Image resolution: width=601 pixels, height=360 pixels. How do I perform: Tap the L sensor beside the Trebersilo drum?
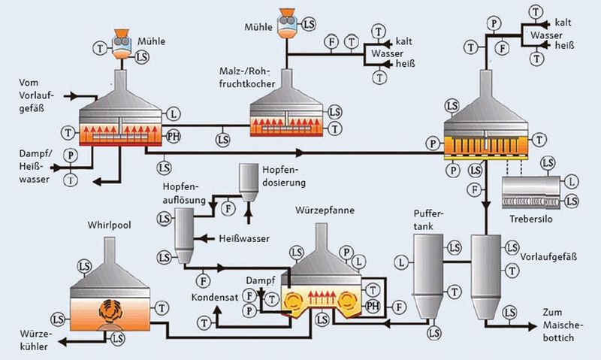pos(573,181)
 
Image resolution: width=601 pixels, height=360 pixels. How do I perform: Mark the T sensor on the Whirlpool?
pos(163,307)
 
